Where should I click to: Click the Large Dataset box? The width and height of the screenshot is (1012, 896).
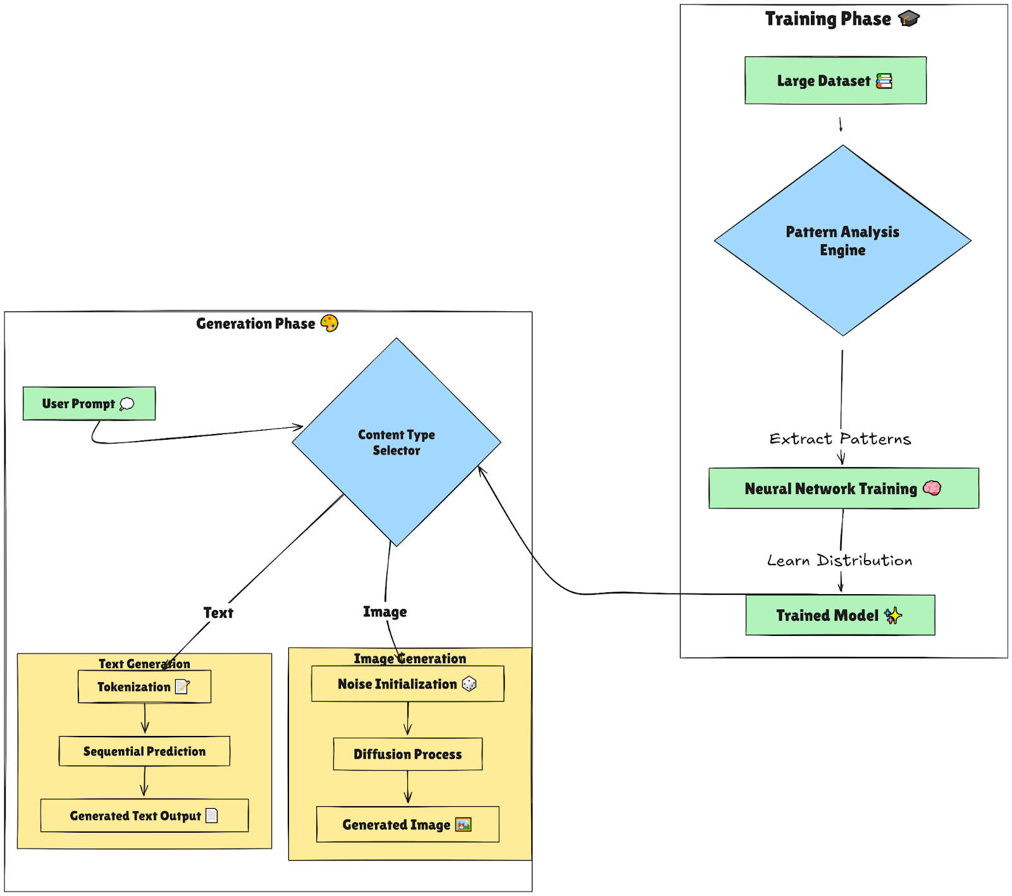(x=835, y=80)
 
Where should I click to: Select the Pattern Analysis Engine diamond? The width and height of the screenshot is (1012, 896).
(x=842, y=240)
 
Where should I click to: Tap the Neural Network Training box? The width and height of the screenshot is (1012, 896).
(x=843, y=488)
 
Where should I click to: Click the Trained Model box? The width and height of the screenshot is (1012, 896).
(x=840, y=615)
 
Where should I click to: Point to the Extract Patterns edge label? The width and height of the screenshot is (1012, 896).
(x=840, y=439)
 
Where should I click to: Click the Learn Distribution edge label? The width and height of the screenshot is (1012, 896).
(x=839, y=561)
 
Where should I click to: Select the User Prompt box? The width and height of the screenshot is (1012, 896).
(x=89, y=404)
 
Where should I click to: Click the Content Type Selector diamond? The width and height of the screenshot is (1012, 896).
(x=396, y=442)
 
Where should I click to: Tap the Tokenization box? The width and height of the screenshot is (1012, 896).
(x=144, y=687)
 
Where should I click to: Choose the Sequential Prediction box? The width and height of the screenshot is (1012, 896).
(x=144, y=751)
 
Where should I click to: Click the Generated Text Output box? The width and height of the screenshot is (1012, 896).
(x=144, y=816)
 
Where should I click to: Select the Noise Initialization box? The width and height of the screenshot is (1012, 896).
(x=407, y=684)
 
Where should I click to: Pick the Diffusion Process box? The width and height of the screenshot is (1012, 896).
(x=407, y=754)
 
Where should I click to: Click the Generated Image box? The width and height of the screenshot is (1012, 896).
(x=407, y=824)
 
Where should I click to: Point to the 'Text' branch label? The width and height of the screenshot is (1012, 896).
(x=218, y=613)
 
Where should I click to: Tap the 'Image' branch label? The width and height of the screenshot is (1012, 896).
(x=385, y=612)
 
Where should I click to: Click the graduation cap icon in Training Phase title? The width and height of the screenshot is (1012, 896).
(x=909, y=18)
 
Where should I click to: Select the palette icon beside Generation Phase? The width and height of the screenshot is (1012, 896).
(x=330, y=323)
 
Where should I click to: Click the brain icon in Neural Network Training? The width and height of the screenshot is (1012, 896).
(x=932, y=488)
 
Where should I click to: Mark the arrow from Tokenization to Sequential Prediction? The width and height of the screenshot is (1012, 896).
(x=145, y=719)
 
